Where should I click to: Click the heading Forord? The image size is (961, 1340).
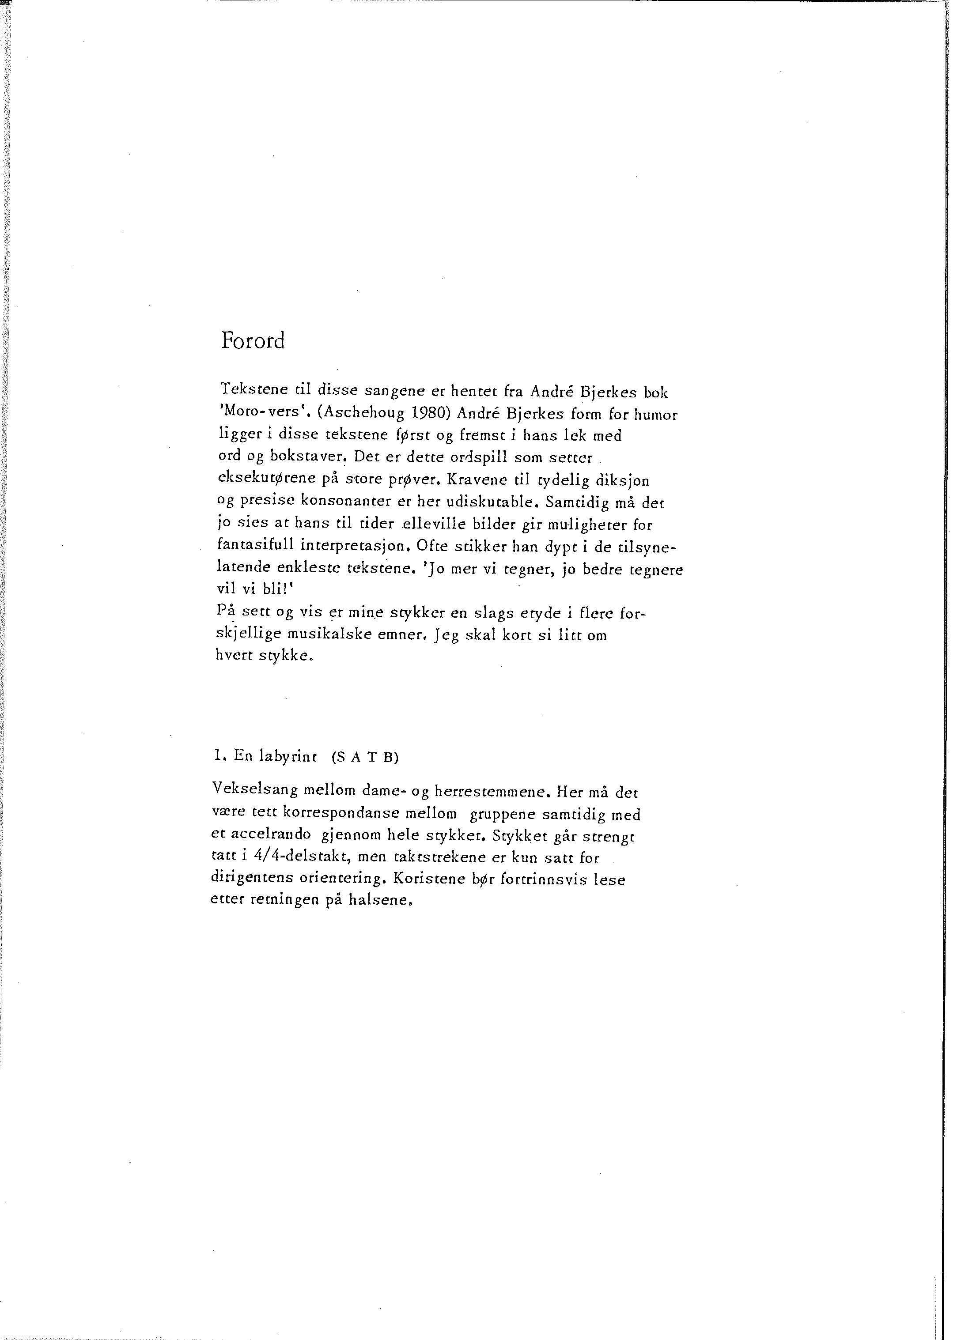(253, 341)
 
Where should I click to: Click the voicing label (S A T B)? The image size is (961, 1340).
(365, 758)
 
